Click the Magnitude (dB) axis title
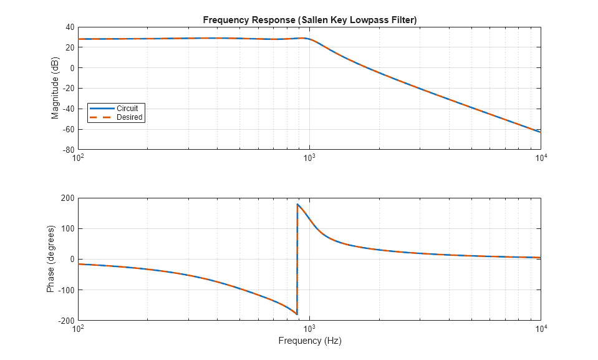coord(55,88)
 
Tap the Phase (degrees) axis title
coord(51,260)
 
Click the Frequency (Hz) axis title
coord(309,341)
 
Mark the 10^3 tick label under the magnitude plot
coord(309,157)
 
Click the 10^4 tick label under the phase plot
coord(541,328)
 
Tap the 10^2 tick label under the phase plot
coord(78,328)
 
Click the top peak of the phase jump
coord(297,204)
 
